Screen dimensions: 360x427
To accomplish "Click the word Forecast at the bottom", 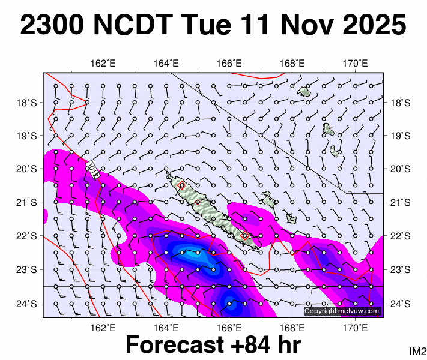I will click(x=171, y=346).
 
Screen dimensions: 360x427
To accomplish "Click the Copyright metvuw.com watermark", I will click(x=342, y=311).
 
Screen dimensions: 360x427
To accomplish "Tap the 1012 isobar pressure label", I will click(x=92, y=167).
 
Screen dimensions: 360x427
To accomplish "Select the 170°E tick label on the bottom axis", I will click(x=356, y=328).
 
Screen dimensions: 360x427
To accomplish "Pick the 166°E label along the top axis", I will click(x=229, y=63).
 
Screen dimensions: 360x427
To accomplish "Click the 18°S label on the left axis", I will click(x=28, y=103).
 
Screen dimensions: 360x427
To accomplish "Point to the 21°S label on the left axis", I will click(x=28, y=203).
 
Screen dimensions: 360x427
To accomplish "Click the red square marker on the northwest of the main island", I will click(x=181, y=185).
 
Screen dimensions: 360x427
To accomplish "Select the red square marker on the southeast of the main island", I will click(x=244, y=236).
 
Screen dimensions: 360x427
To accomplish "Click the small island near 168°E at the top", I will click(x=304, y=92).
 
